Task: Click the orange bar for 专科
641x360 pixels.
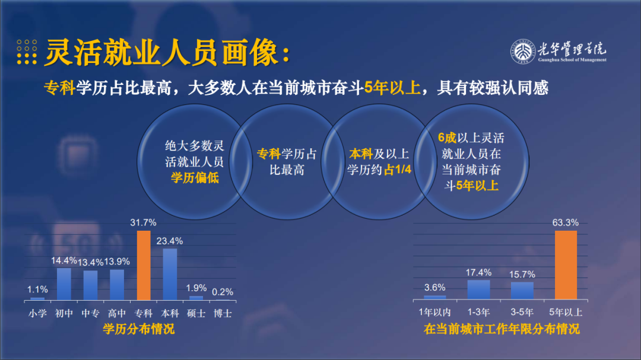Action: point(144,266)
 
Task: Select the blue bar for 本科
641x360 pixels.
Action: point(170,275)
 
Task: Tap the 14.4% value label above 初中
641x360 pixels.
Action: point(64,261)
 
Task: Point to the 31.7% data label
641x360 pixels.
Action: point(143,222)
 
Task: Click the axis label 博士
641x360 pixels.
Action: point(223,313)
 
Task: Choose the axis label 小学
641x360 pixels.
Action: point(37,313)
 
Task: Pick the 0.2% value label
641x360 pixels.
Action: point(223,292)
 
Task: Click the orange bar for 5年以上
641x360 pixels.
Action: point(566,265)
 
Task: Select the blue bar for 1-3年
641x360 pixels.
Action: point(479,289)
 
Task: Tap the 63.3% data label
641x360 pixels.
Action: point(566,222)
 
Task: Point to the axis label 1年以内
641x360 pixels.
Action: point(435,312)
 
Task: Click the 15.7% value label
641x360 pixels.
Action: point(522,275)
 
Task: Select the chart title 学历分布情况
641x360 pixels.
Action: point(138,329)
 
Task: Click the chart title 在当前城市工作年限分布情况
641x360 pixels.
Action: point(502,329)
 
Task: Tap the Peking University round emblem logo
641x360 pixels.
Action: point(523,52)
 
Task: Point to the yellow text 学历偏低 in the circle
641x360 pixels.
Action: point(195,178)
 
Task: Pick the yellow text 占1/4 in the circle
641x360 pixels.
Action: point(397,170)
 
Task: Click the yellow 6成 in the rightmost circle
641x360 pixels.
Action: point(448,138)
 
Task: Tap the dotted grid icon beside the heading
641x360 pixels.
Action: point(27,52)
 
